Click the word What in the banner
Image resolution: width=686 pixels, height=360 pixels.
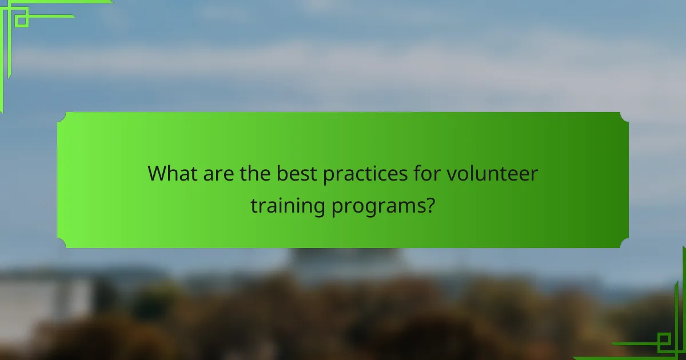click(170, 173)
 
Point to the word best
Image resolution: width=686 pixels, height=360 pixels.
click(297, 173)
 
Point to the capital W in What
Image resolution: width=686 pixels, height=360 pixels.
click(157, 173)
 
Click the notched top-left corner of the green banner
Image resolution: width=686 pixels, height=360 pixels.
click(62, 117)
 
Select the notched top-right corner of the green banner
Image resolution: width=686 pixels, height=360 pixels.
click(624, 117)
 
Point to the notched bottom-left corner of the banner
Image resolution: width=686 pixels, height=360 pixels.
click(62, 243)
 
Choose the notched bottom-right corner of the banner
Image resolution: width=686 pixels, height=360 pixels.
click(624, 243)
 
